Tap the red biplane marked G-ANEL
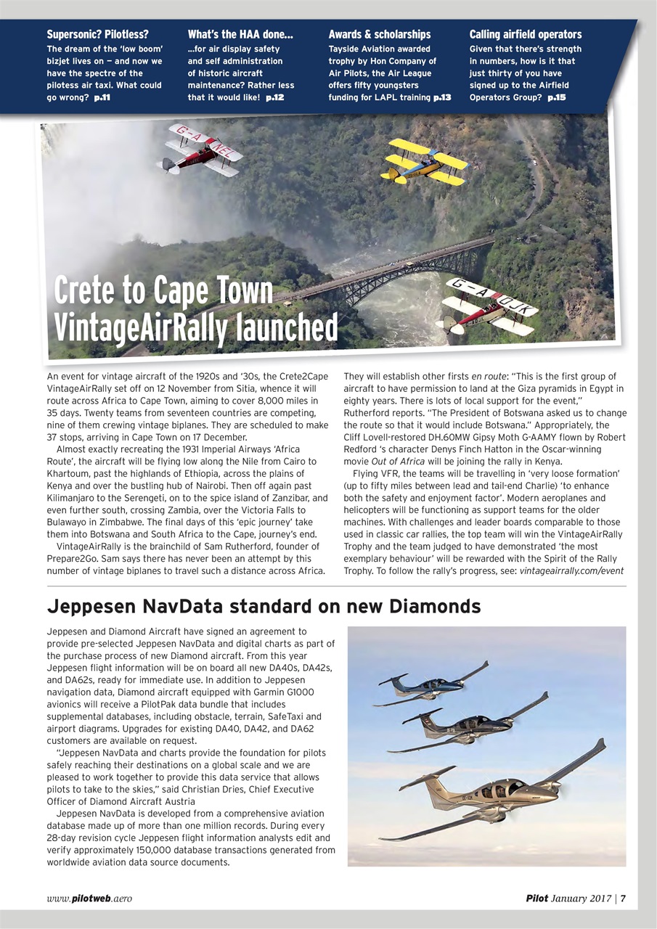[x=200, y=150]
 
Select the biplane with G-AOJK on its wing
[x=488, y=306]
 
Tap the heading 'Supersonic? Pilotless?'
[x=97, y=35]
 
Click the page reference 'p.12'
[x=275, y=97]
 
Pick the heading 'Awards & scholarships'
[x=379, y=35]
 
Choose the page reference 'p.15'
[x=558, y=97]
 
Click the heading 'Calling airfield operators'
[x=526, y=35]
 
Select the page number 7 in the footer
[x=624, y=899]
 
